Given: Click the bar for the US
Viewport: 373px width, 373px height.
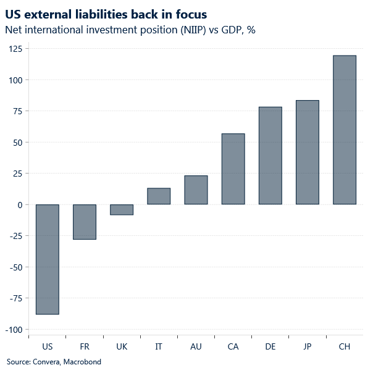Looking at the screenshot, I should point(48,259).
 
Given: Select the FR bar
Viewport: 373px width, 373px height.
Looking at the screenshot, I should point(85,222).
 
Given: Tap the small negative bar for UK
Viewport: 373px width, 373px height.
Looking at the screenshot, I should point(122,209).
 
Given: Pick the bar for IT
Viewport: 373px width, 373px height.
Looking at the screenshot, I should point(159,196).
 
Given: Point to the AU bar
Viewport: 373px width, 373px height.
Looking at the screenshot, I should point(196,190).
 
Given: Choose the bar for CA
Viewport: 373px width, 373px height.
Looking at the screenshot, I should point(233,169).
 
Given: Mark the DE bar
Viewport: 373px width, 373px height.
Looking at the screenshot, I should point(270,156).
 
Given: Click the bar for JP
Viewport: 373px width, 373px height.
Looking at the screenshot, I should point(308,153).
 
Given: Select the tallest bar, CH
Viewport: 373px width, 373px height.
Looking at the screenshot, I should point(345,130).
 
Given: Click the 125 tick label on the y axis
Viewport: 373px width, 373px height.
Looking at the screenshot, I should point(14,49).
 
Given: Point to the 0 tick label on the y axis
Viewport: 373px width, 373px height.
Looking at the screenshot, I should point(19,204).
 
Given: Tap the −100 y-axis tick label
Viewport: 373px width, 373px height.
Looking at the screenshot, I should point(12,329).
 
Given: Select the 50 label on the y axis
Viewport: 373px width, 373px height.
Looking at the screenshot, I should point(17,142).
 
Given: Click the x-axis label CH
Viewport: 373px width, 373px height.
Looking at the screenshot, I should point(345,346).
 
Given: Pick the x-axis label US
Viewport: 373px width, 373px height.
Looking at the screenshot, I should point(48,346).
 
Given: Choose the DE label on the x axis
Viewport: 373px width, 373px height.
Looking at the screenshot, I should point(270,346).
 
